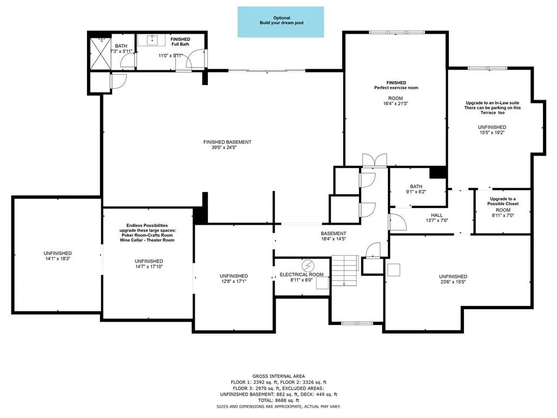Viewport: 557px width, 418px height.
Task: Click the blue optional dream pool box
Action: (281, 22)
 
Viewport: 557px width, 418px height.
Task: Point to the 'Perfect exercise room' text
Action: (395, 88)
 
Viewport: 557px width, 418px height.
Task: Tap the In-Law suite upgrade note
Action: (493, 108)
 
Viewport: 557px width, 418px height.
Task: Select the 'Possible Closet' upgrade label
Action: (503, 201)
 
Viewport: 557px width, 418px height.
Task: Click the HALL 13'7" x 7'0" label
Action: (437, 218)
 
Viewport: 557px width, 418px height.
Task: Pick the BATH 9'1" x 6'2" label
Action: (416, 189)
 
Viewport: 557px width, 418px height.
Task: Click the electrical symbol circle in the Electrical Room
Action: (308, 265)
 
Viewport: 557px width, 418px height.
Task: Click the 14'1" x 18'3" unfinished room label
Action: (58, 256)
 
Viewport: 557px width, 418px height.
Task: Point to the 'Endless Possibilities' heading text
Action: (147, 225)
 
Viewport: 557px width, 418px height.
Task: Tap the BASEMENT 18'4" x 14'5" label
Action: (333, 236)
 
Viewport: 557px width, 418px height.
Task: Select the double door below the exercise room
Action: (375, 160)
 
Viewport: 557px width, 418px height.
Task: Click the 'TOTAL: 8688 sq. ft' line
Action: (282, 401)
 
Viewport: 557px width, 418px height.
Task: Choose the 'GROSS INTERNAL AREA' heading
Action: (282, 376)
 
